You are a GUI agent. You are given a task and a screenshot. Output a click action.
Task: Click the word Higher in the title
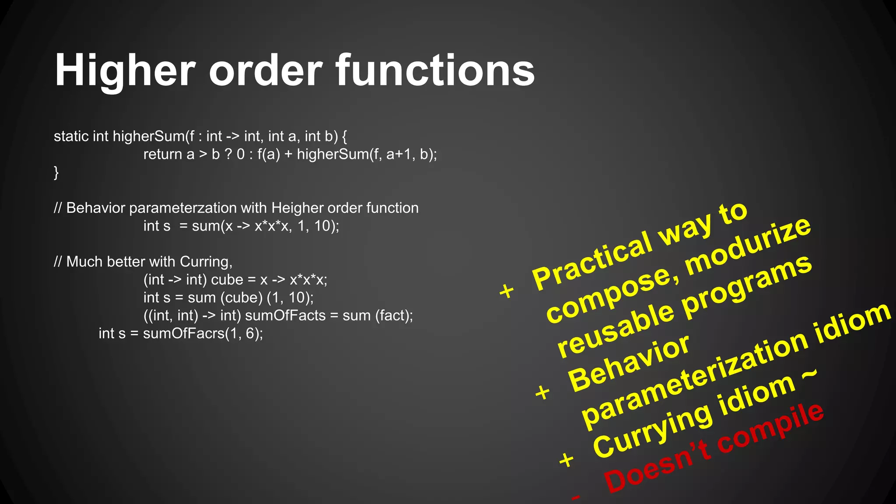[x=125, y=71]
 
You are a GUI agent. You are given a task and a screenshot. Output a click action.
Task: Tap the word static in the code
[x=71, y=136]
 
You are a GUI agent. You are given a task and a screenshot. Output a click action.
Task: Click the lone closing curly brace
[x=56, y=172]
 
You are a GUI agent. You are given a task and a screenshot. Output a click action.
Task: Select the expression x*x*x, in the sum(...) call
[x=273, y=226]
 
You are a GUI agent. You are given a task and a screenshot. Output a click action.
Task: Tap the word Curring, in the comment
[x=206, y=262]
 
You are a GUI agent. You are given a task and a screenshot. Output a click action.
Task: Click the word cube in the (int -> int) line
[x=227, y=280]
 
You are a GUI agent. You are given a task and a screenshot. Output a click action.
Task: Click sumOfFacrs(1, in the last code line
[x=192, y=334]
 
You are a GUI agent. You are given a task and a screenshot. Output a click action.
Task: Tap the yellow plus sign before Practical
[x=507, y=290]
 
